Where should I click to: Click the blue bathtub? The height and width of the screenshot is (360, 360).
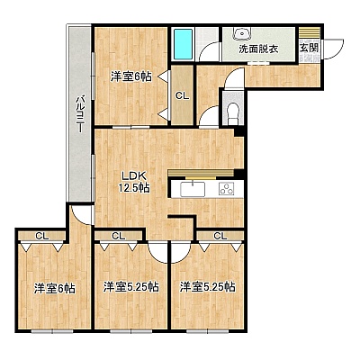pos(183,44)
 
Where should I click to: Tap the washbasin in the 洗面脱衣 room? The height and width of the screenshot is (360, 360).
pos(243,33)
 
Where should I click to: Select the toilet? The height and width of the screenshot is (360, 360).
pos(233,112)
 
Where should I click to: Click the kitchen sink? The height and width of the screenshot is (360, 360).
pos(193,189)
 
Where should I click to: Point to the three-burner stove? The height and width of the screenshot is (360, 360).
pos(227,189)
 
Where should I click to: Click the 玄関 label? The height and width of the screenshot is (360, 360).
pos(309,48)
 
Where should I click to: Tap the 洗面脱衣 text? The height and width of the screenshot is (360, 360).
pos(258,49)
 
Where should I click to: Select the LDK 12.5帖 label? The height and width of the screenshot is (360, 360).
pos(134,182)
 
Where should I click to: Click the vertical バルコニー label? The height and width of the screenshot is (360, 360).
pos(80,114)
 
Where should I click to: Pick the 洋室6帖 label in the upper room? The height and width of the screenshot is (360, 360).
pos(130,76)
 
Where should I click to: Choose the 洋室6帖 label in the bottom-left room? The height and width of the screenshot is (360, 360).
pos(54,289)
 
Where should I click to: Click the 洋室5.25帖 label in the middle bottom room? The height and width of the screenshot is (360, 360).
pos(131,287)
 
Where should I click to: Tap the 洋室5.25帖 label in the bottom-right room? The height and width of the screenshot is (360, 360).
pos(208,287)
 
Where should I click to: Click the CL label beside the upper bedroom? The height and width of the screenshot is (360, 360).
pos(183,96)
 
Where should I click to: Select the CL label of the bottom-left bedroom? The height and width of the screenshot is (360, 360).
pos(42,236)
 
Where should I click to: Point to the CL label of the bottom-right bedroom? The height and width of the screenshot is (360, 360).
pos(220,236)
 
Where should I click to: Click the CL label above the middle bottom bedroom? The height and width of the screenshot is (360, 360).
pos(119,236)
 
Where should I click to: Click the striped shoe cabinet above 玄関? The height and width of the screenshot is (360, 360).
pos(310,32)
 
